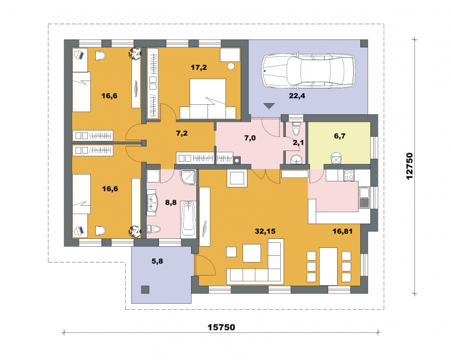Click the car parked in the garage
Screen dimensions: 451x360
(x=308, y=70)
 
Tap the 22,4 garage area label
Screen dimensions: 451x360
(x=297, y=96)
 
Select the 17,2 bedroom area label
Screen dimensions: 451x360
(x=199, y=68)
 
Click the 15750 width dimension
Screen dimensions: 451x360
(x=222, y=327)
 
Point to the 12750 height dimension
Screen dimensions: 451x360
(x=409, y=166)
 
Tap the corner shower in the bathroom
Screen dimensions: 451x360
(x=188, y=177)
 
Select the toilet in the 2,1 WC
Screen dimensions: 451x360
(x=296, y=129)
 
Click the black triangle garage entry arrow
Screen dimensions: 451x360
(x=269, y=106)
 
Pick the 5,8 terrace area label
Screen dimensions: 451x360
(x=157, y=261)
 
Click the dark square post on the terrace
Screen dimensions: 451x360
(x=145, y=290)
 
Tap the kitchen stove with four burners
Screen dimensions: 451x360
(x=349, y=175)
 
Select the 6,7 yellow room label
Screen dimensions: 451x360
(x=340, y=136)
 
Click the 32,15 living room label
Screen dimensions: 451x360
(x=265, y=231)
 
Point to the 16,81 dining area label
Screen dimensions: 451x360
(x=342, y=231)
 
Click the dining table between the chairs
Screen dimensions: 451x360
(x=328, y=266)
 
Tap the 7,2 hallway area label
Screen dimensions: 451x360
(x=182, y=133)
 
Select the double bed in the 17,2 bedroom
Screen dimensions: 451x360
(x=208, y=99)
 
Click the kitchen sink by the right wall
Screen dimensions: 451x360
(x=364, y=198)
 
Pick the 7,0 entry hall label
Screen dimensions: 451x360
(x=250, y=138)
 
